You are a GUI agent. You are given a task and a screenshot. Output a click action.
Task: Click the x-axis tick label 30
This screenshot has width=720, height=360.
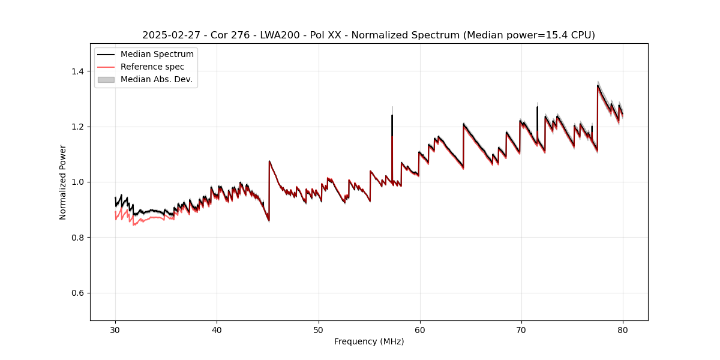click(115, 329)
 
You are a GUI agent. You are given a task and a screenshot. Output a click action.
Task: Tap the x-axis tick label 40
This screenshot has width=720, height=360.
click(217, 329)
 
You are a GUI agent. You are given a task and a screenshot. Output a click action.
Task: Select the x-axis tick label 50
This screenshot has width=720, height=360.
click(318, 329)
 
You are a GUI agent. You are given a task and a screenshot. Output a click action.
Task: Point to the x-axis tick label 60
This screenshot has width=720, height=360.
click(419, 329)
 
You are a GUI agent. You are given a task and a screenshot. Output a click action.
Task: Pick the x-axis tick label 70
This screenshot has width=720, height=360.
click(521, 329)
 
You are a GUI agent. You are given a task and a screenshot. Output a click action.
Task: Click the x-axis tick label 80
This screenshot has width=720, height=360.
click(622, 329)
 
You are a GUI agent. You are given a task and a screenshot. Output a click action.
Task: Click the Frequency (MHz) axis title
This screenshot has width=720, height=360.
click(369, 341)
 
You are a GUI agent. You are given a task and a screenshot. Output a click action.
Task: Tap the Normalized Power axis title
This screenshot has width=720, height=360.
click(63, 182)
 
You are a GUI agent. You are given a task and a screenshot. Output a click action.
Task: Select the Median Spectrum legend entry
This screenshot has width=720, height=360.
click(157, 55)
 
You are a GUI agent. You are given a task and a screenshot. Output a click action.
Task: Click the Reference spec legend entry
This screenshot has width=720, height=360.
click(152, 67)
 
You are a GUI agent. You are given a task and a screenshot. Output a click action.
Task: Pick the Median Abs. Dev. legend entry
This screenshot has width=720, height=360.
click(156, 79)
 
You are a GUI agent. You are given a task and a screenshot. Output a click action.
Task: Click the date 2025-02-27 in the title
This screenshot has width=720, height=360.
click(170, 35)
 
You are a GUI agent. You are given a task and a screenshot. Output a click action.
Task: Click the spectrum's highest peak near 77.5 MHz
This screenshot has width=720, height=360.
click(598, 85)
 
